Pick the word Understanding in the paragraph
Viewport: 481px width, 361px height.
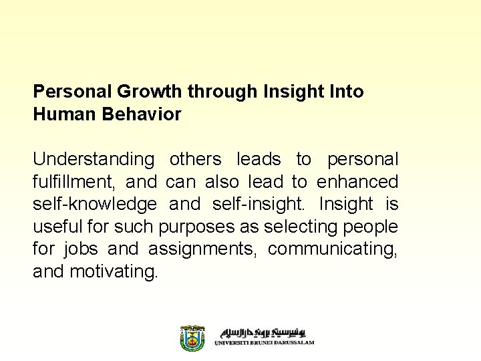(94, 160)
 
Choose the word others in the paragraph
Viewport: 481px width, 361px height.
(195, 160)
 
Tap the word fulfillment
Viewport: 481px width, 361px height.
(73, 182)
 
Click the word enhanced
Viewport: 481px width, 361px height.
(357, 182)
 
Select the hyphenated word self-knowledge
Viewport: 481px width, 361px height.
(95, 204)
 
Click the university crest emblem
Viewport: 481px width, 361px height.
(192, 338)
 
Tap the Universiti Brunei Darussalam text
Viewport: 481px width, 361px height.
(265, 342)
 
